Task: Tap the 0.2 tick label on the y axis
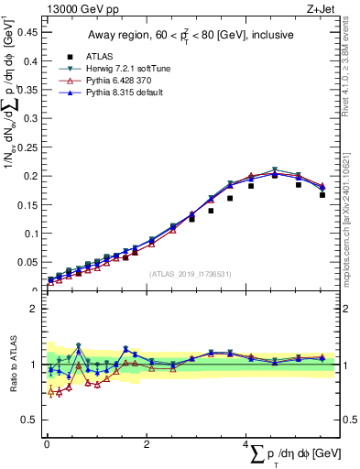point(27,176)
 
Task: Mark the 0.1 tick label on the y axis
point(27,234)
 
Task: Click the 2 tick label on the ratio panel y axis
point(33,309)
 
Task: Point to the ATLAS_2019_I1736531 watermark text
point(191,274)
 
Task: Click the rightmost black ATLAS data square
point(322,195)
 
